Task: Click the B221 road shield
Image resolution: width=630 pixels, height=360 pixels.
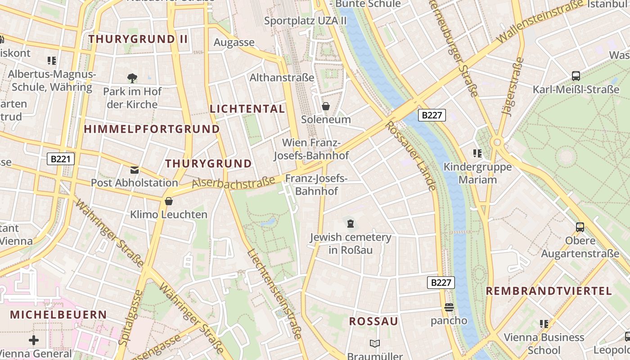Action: pyautogui.click(x=61, y=158)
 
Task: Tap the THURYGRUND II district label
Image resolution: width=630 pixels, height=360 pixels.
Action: pyautogui.click(x=138, y=39)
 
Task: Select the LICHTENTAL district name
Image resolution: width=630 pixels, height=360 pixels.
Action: pyautogui.click(x=247, y=109)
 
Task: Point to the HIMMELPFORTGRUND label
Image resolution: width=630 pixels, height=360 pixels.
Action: pyautogui.click(x=152, y=129)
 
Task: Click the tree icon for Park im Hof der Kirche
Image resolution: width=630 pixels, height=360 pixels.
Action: pyautogui.click(x=132, y=78)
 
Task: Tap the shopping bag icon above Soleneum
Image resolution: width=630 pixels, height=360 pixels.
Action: pyautogui.click(x=325, y=106)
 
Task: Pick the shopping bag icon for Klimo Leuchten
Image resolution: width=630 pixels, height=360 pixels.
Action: pyautogui.click(x=169, y=201)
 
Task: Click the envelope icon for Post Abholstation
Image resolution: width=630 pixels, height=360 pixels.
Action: pyautogui.click(x=135, y=170)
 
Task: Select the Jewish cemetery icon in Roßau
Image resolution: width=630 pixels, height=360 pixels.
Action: pyautogui.click(x=350, y=223)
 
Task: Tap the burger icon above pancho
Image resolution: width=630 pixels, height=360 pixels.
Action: pyautogui.click(x=449, y=307)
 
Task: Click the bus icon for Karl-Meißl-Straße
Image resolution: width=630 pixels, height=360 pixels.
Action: pyautogui.click(x=576, y=76)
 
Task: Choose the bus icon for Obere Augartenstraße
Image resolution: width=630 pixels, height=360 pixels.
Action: pyautogui.click(x=580, y=227)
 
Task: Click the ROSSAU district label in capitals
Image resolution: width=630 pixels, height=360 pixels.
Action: pyautogui.click(x=373, y=321)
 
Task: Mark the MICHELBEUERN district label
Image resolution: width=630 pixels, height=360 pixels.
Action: pyautogui.click(x=58, y=315)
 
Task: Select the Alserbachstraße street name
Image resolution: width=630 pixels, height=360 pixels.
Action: pyautogui.click(x=233, y=182)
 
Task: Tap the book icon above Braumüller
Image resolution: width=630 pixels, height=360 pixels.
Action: pyautogui.click(x=374, y=344)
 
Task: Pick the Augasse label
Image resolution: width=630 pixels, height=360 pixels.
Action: pyautogui.click(x=234, y=43)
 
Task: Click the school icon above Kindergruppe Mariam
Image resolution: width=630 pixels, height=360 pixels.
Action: pyautogui.click(x=477, y=153)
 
